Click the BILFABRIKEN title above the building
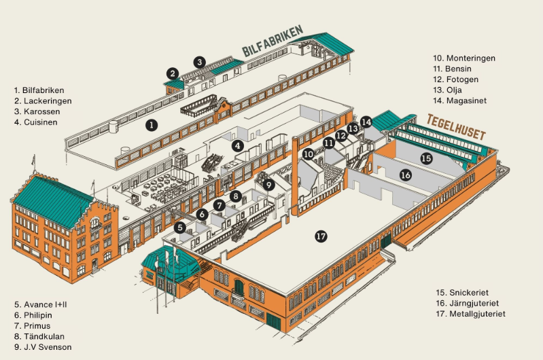click(273, 43)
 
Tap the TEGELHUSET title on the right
click(456, 127)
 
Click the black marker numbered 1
click(152, 124)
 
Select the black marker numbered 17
click(321, 236)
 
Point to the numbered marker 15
click(426, 158)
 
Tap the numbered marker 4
click(238, 145)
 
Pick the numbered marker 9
click(268, 184)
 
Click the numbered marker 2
click(173, 73)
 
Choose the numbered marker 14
click(366, 122)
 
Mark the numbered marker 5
click(180, 228)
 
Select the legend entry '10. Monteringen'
click(463, 58)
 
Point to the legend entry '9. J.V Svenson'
click(42, 347)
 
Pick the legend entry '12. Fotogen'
click(455, 79)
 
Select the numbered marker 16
click(406, 175)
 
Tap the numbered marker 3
click(199, 62)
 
